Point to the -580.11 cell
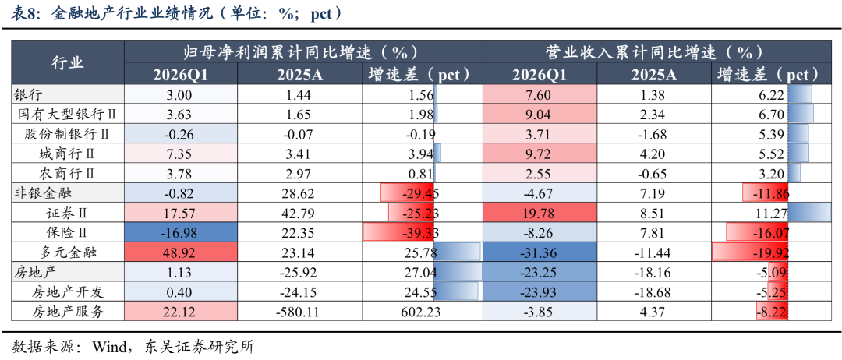coord(298,312)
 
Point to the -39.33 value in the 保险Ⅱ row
coord(418,232)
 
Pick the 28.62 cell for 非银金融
coord(298,193)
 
